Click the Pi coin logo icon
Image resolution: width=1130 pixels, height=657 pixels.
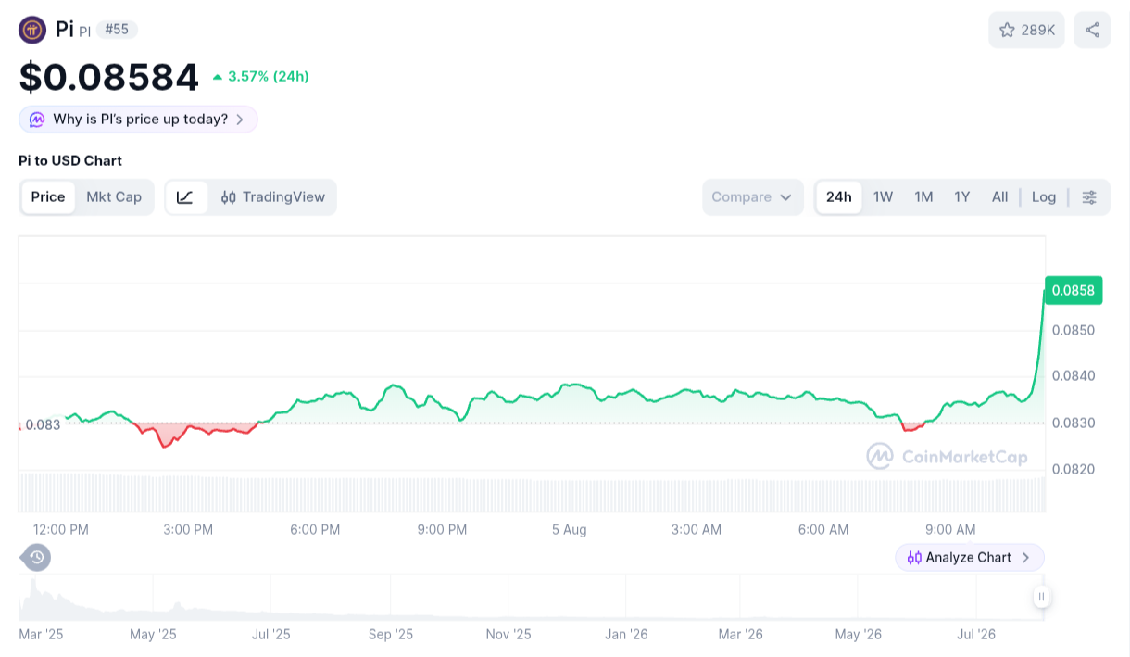click(x=32, y=30)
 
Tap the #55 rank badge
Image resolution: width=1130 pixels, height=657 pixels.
click(x=117, y=30)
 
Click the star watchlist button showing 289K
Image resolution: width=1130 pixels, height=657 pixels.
click(x=1026, y=31)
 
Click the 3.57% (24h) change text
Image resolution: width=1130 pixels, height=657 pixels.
click(x=268, y=77)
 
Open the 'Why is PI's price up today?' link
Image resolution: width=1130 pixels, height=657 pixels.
click(x=138, y=120)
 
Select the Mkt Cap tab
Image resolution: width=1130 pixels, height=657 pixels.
click(x=114, y=196)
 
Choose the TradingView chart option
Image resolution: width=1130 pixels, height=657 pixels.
click(x=272, y=196)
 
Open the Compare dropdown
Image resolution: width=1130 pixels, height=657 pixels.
click(x=753, y=196)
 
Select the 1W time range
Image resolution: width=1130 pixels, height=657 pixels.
click(x=883, y=196)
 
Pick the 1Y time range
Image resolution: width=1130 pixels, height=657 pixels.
click(x=962, y=196)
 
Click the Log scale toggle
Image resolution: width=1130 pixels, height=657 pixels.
click(x=1044, y=196)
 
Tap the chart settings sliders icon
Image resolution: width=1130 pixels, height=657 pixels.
click(x=1089, y=196)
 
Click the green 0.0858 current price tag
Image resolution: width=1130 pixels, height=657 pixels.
click(x=1073, y=291)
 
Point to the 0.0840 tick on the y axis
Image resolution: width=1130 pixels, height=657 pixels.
click(x=1073, y=376)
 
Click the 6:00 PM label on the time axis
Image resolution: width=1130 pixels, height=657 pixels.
click(x=315, y=529)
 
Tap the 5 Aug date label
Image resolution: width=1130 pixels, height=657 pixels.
click(x=569, y=529)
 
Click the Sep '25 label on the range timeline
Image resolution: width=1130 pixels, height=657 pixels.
click(x=391, y=634)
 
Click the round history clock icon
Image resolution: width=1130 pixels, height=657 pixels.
click(x=36, y=558)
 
